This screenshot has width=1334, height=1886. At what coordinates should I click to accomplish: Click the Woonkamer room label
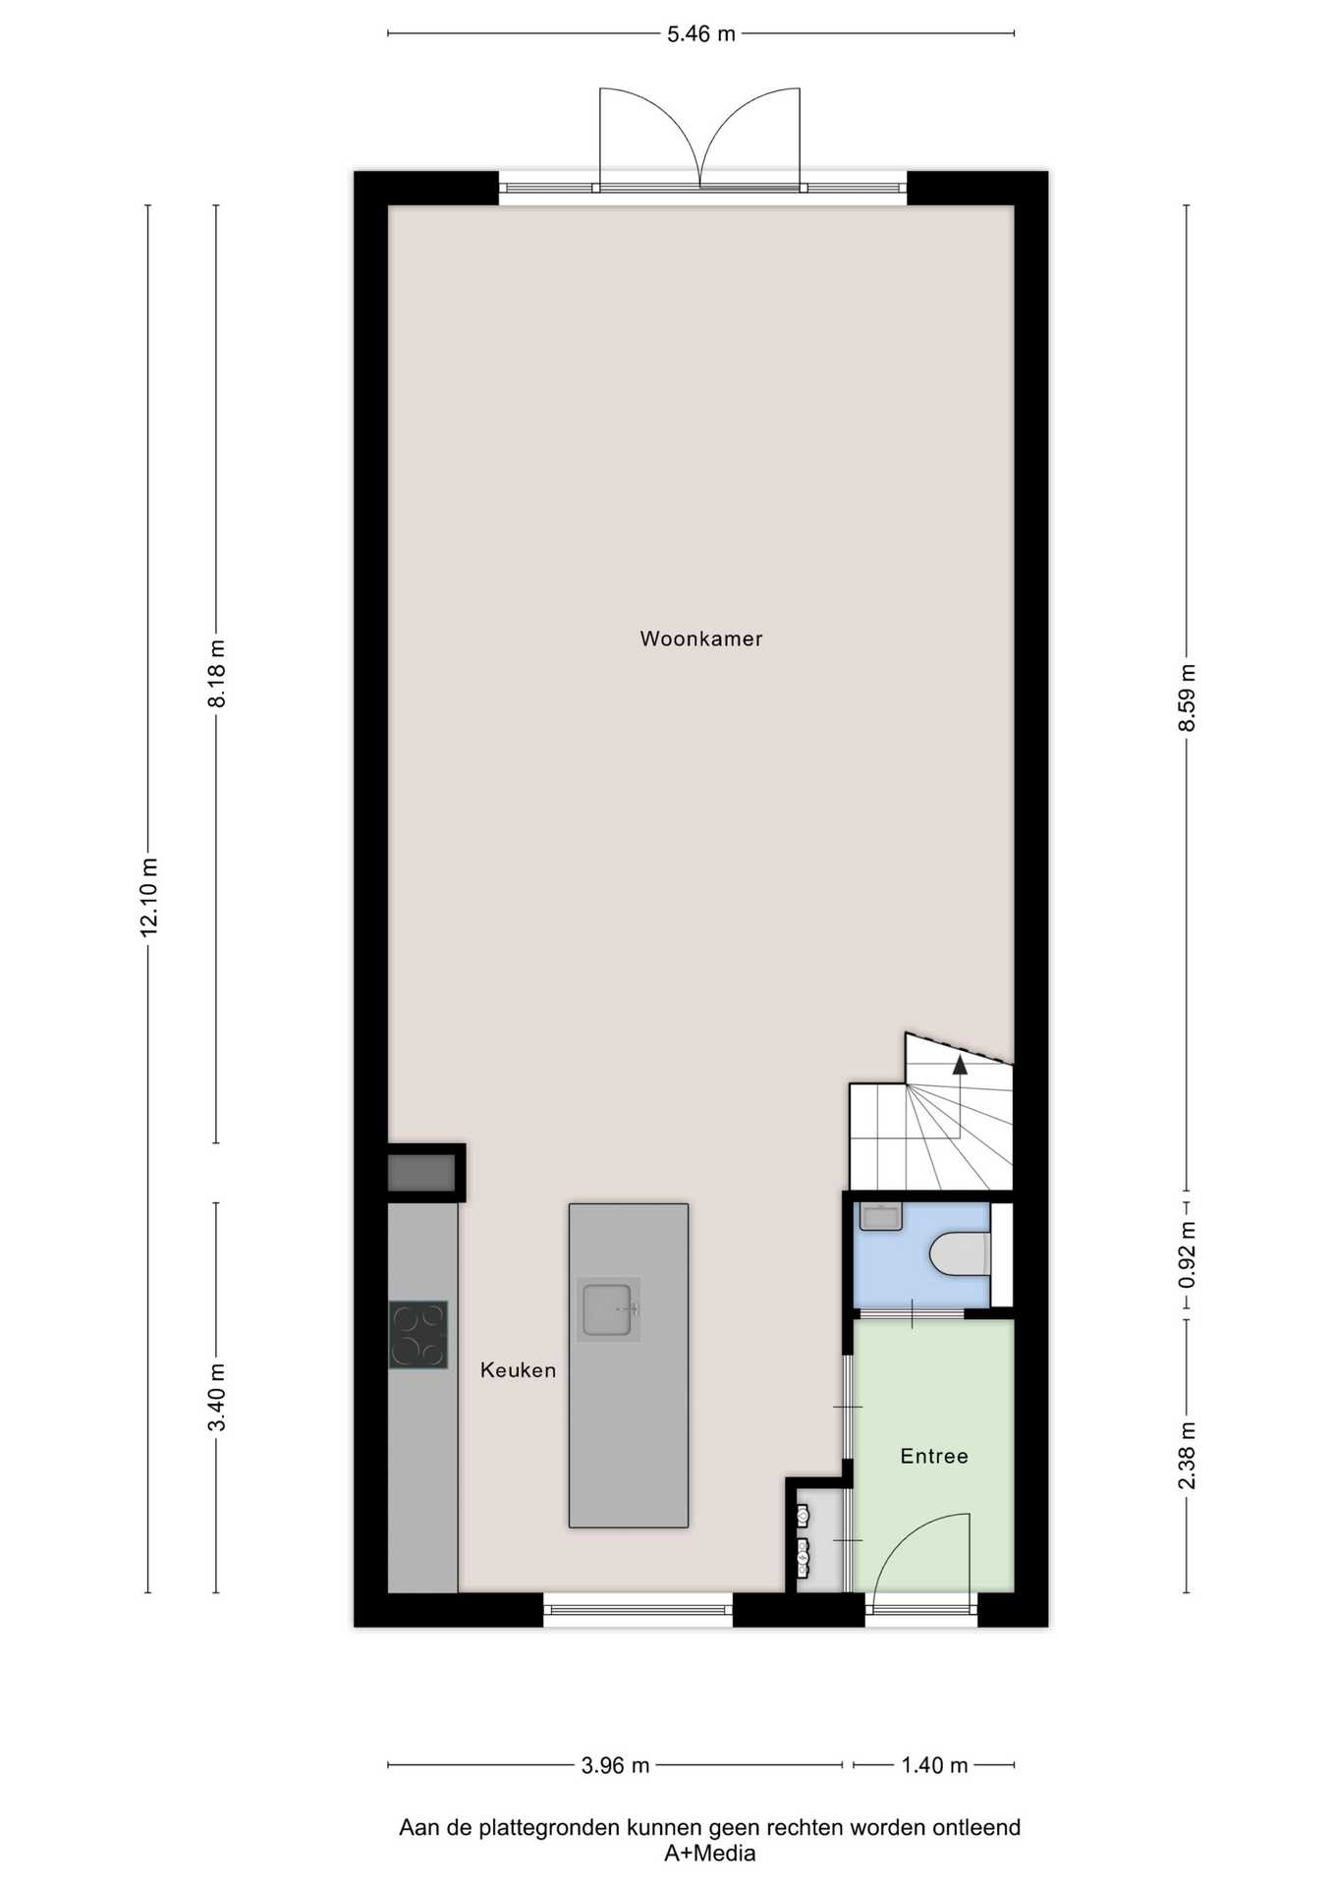pos(701,638)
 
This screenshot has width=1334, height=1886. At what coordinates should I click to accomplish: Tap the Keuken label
pos(519,1370)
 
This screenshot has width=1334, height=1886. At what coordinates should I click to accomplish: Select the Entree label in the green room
pos(934,1456)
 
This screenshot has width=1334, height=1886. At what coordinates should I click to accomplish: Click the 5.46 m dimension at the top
pos(701,34)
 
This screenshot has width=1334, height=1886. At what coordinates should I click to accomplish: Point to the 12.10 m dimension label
pos(149,898)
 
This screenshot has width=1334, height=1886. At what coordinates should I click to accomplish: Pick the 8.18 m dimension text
pos(217,673)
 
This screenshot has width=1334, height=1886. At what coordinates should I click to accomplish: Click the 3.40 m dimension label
pos(217,1398)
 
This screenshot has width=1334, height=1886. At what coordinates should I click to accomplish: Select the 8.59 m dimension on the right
pos(1188,696)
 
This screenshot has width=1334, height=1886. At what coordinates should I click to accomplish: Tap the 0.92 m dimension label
pos(1188,1255)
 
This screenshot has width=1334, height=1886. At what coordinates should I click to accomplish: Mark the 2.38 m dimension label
pos(1188,1455)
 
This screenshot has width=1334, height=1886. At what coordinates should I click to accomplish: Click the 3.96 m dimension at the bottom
pos(616,1765)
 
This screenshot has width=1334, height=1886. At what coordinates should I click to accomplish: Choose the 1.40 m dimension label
pos(935,1765)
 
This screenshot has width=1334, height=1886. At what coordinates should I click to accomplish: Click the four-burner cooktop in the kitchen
pos(418,1335)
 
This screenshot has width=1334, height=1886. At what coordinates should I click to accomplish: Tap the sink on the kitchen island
pos(609,1310)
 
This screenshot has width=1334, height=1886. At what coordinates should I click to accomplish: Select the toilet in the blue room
pos(960,1254)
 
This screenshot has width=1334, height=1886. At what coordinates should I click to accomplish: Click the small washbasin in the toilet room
pos(880,1216)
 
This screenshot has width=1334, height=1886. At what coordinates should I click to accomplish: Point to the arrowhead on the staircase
pos(960,1064)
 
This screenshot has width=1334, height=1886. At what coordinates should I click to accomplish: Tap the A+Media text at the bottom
pos(710,1854)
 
